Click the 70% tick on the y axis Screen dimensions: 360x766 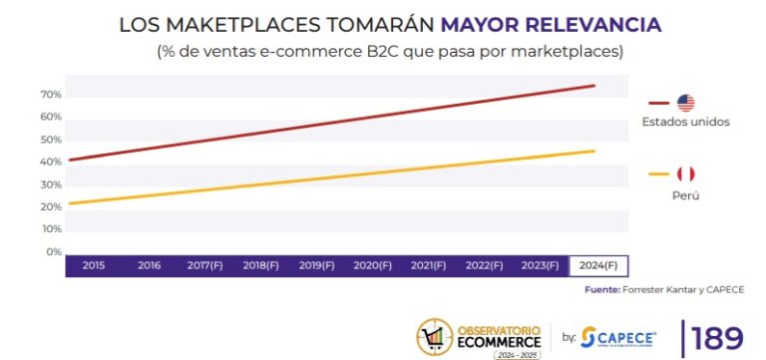[51, 95]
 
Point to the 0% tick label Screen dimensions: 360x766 [54, 251]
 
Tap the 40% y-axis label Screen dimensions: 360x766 [51, 163]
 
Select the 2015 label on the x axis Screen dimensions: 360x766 [94, 266]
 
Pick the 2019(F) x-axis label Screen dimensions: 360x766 [317, 266]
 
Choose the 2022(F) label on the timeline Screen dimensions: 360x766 [484, 266]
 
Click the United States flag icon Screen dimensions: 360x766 [686, 102]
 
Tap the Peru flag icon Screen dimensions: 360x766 [685, 175]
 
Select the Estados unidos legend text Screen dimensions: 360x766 [686, 122]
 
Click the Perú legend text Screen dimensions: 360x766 [685, 195]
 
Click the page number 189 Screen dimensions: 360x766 [717, 338]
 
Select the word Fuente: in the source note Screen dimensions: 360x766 [603, 290]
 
